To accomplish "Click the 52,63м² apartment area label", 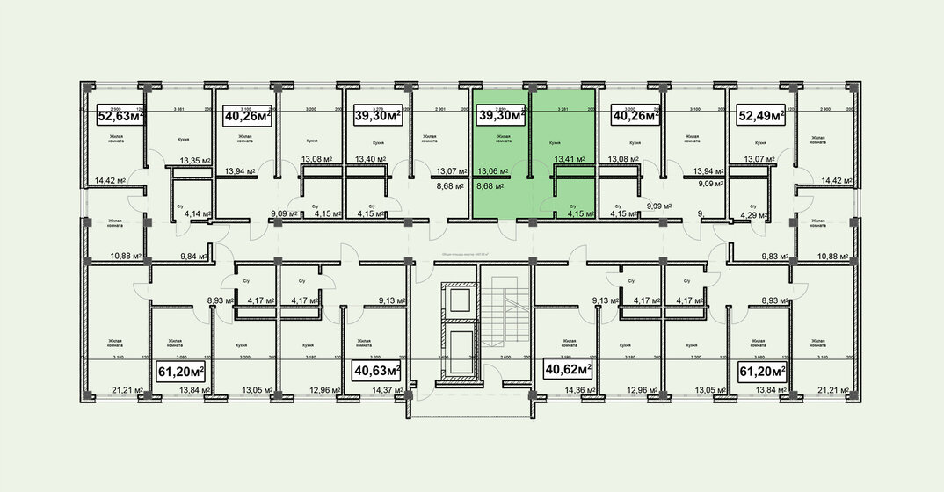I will (x=121, y=115).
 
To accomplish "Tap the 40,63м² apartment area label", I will (x=376, y=370).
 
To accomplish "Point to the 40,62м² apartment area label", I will (x=568, y=370).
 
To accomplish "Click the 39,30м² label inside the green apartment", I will (x=501, y=115).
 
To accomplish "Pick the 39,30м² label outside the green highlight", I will (x=377, y=115).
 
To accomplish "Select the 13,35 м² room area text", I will (x=193, y=160).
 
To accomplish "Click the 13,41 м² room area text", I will (x=569, y=160).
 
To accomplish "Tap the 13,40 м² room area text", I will (x=369, y=160).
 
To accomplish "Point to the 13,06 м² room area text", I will (x=491, y=172).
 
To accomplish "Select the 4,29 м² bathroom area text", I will (x=753, y=213).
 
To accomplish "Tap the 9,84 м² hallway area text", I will (x=193, y=257).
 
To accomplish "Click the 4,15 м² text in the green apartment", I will (x=580, y=213).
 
